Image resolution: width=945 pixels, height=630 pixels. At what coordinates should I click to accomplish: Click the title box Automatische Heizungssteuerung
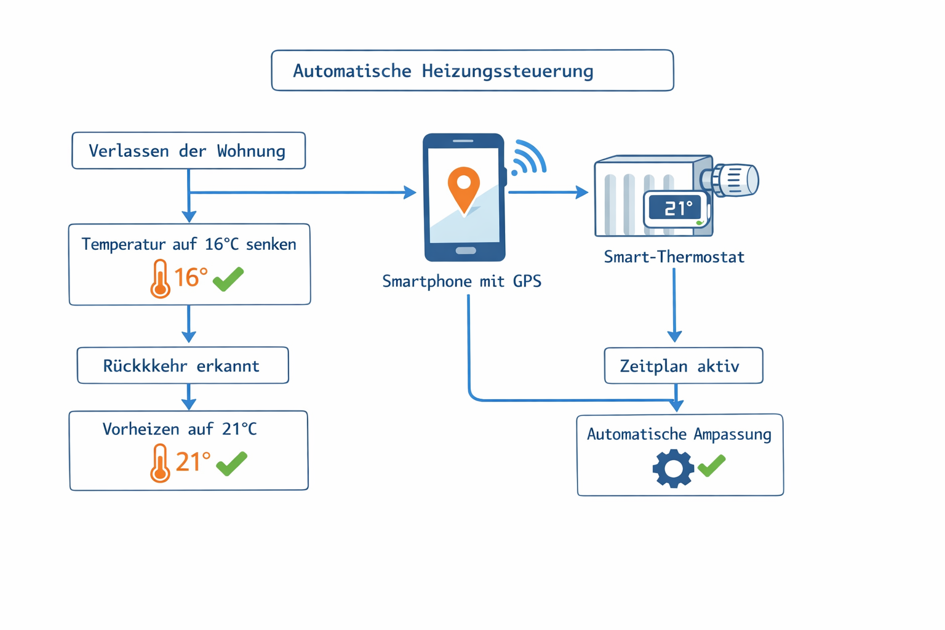point(472,71)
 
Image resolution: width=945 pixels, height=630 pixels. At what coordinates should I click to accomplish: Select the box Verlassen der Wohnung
point(188,151)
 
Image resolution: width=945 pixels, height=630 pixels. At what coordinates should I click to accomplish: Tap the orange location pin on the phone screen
point(464,186)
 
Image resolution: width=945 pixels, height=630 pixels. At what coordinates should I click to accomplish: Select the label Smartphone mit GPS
point(461,282)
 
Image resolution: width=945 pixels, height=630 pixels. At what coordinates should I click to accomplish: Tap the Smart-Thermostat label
point(674,257)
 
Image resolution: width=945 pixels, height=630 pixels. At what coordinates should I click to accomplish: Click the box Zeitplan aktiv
point(683,366)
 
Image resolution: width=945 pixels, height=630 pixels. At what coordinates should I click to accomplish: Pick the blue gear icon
point(673,468)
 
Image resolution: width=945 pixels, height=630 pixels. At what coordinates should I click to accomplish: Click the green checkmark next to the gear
point(712,465)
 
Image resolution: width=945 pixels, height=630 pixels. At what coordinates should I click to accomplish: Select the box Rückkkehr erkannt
point(183,365)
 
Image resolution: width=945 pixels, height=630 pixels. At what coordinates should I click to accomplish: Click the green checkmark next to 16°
point(228,279)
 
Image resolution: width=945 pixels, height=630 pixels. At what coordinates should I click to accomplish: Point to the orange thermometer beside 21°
point(160,463)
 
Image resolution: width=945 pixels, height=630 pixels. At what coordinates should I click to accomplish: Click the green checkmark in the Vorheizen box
point(232,463)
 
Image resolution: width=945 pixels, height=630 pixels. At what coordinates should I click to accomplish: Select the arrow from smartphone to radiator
point(547,193)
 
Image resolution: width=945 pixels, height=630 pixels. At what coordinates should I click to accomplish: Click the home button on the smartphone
point(465,250)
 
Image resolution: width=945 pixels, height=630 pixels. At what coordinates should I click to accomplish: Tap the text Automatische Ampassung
point(679,434)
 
